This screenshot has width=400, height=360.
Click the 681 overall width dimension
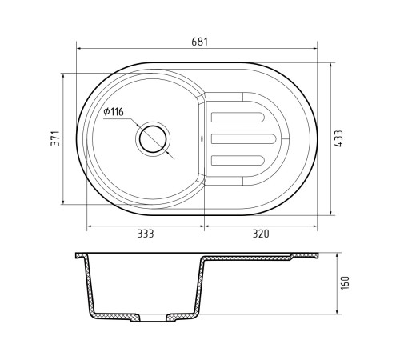point(199,42)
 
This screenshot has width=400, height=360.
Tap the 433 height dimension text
point(338,138)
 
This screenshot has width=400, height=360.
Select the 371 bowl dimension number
point(55,138)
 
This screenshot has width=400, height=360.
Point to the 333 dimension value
point(146,234)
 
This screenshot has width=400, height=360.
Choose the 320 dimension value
point(261,234)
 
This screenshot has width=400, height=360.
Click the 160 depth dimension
point(345,283)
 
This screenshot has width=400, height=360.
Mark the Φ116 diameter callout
point(114,112)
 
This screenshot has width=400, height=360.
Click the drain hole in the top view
point(153,139)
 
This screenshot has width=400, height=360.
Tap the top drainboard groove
point(238,118)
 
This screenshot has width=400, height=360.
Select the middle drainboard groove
point(243,139)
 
